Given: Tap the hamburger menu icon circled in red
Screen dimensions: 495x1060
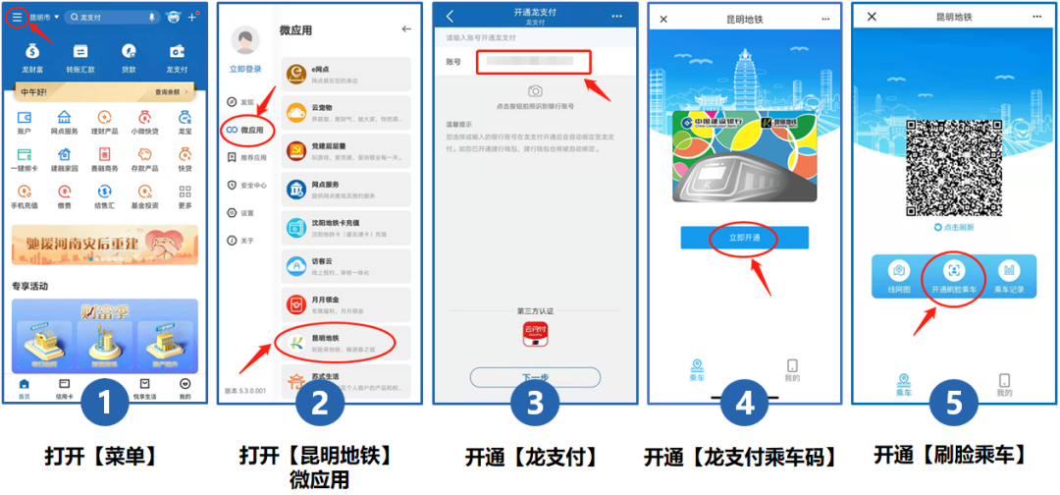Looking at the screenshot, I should pos(18,18).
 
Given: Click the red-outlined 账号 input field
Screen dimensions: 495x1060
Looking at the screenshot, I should pos(534,62).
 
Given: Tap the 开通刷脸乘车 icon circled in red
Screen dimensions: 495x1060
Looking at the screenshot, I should pos(953,275).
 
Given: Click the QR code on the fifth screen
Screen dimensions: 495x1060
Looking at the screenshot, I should pos(952,165).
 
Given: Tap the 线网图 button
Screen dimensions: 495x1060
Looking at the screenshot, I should pos(898,276).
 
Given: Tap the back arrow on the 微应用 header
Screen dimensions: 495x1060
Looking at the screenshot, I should pos(406,29).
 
